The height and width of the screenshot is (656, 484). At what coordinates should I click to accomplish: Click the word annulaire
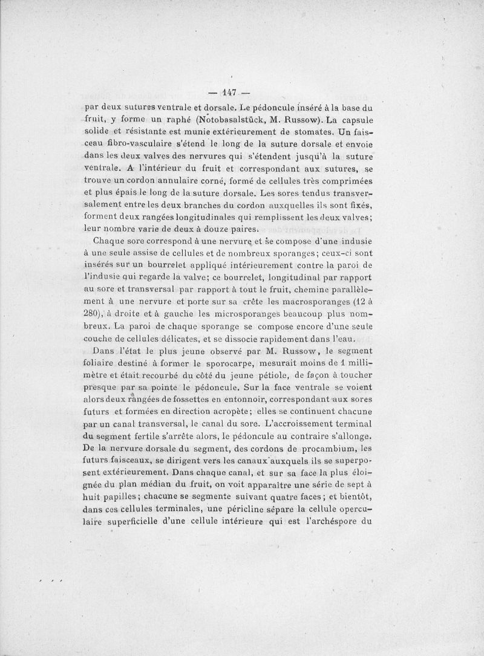[191, 181]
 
